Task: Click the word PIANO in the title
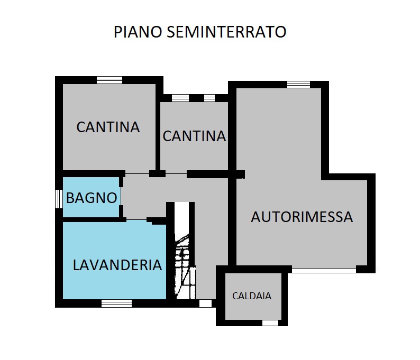point(139,32)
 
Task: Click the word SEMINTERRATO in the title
point(226,32)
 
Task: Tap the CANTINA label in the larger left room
point(108,127)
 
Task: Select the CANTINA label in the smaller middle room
point(194,136)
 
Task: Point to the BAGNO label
point(92,198)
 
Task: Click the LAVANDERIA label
point(117,265)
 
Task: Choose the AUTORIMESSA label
point(302,217)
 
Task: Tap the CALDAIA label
point(252,296)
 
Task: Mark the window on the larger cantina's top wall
point(109,80)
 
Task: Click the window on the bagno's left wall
point(59,199)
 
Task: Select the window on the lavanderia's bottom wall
point(116,303)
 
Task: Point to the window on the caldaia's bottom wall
point(270,322)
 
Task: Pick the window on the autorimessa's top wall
point(298,85)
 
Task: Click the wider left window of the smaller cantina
point(180,98)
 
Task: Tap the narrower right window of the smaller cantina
point(209,98)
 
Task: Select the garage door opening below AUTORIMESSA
point(324,270)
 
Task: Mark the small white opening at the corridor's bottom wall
point(205,303)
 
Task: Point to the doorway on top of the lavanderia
point(136,219)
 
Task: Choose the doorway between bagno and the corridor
point(121,197)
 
